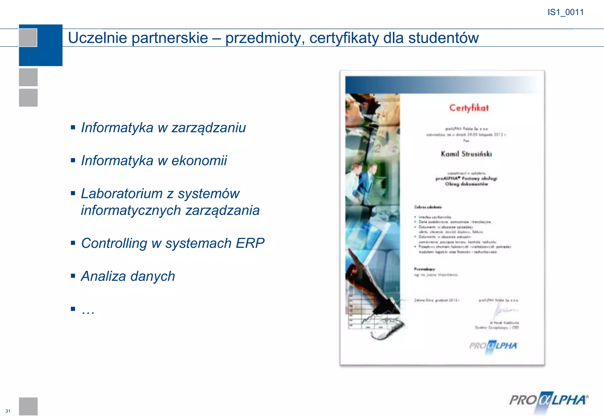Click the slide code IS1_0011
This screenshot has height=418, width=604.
coord(565,12)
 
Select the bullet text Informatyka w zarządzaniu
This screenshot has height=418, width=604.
coord(163,128)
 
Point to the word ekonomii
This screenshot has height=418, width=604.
coord(199,161)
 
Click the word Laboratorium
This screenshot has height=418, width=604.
coord(122,194)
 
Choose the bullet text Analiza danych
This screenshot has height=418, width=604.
coord(128,277)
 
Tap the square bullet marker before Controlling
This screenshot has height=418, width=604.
coord(73,243)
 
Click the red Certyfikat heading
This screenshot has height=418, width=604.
coord(469,108)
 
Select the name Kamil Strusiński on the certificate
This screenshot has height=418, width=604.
coord(466,154)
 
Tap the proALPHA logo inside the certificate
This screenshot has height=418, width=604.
coord(493,346)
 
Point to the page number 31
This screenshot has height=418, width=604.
coord(8,411)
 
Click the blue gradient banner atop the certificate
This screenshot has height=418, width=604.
coord(442,85)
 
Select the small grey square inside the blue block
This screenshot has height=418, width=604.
coord(28,38)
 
